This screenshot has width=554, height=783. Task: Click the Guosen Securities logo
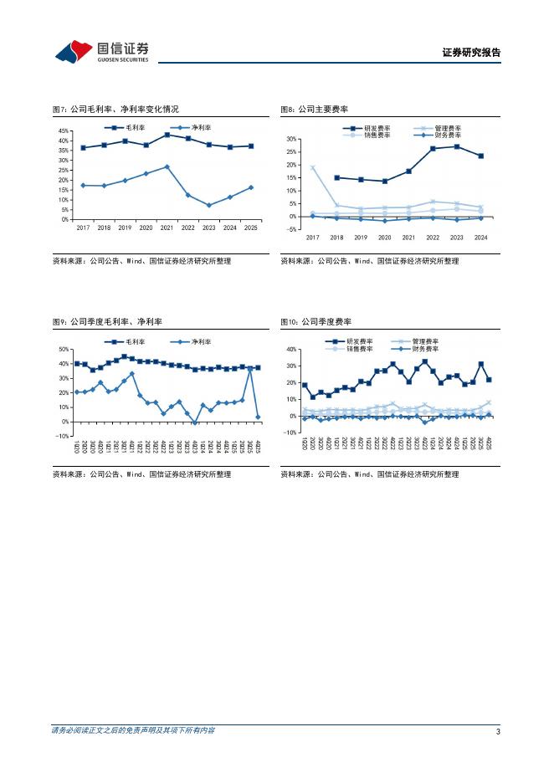click(x=101, y=52)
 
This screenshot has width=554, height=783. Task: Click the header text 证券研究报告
click(x=471, y=53)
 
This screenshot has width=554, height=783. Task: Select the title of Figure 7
click(x=115, y=109)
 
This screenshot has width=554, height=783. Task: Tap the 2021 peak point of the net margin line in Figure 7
click(x=167, y=166)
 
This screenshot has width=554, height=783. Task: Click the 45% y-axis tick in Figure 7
click(x=64, y=131)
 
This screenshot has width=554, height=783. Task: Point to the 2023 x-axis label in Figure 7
click(x=209, y=227)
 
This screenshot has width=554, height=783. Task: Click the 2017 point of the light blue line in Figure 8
click(x=313, y=168)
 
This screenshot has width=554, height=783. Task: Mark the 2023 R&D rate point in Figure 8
click(x=457, y=146)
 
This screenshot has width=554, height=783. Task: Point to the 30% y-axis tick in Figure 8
click(x=292, y=139)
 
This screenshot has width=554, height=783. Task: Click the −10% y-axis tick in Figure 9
click(x=62, y=436)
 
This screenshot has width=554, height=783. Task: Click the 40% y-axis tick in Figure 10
click(x=292, y=350)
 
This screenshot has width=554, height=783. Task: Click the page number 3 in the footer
click(x=498, y=731)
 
